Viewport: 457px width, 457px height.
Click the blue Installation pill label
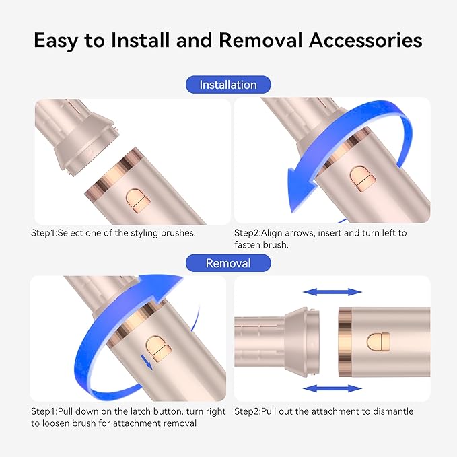click(228, 85)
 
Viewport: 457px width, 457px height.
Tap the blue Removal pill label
click(228, 263)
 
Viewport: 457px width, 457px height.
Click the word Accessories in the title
click(365, 40)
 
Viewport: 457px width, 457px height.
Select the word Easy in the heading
click(55, 41)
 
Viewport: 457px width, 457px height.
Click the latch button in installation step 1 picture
click(138, 201)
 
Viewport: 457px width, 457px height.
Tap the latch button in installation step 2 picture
click(363, 179)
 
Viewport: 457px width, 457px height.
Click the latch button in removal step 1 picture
click(159, 349)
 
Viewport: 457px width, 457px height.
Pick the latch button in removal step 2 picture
click(378, 342)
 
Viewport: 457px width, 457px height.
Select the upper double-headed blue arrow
click(332, 291)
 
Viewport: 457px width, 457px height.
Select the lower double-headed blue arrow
click(332, 388)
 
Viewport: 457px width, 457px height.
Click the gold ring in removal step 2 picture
click(345, 342)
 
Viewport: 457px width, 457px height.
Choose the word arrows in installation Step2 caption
click(298, 233)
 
